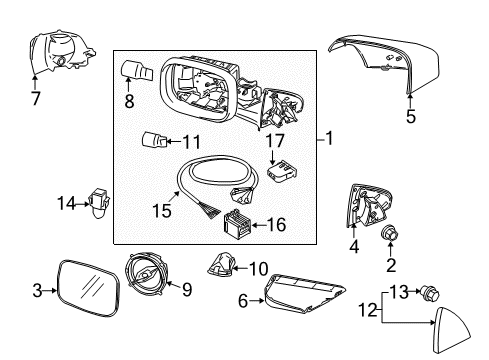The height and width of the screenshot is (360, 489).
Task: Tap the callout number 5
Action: (409, 115)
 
